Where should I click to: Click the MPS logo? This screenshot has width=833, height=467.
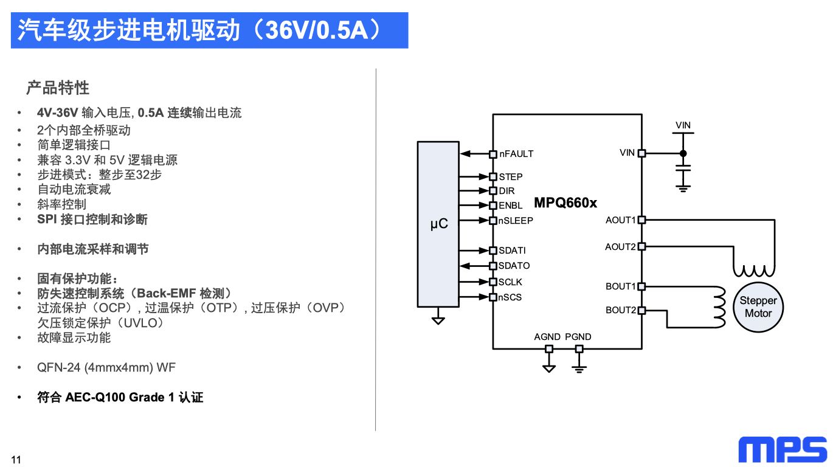[783, 449]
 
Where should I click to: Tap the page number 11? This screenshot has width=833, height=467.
[16, 460]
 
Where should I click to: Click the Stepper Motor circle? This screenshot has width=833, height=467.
[758, 307]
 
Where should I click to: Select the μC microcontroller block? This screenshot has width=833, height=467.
[438, 224]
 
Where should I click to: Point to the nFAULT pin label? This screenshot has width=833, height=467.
[516, 154]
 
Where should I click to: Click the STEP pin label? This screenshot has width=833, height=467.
[511, 177]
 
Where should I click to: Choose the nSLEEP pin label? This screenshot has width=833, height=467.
[516, 221]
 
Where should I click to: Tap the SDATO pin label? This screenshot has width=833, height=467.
[514, 266]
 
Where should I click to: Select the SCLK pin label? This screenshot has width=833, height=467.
[510, 282]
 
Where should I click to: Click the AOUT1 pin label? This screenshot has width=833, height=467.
[620, 220]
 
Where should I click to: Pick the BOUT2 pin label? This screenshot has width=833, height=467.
[620, 310]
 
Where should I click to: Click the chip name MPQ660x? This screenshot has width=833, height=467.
[565, 203]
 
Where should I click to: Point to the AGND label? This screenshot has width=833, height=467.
[547, 337]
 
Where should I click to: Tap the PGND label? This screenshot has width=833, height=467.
[578, 337]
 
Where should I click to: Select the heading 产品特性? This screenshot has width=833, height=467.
[58, 88]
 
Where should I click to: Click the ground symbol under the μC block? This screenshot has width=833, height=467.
[438, 319]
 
